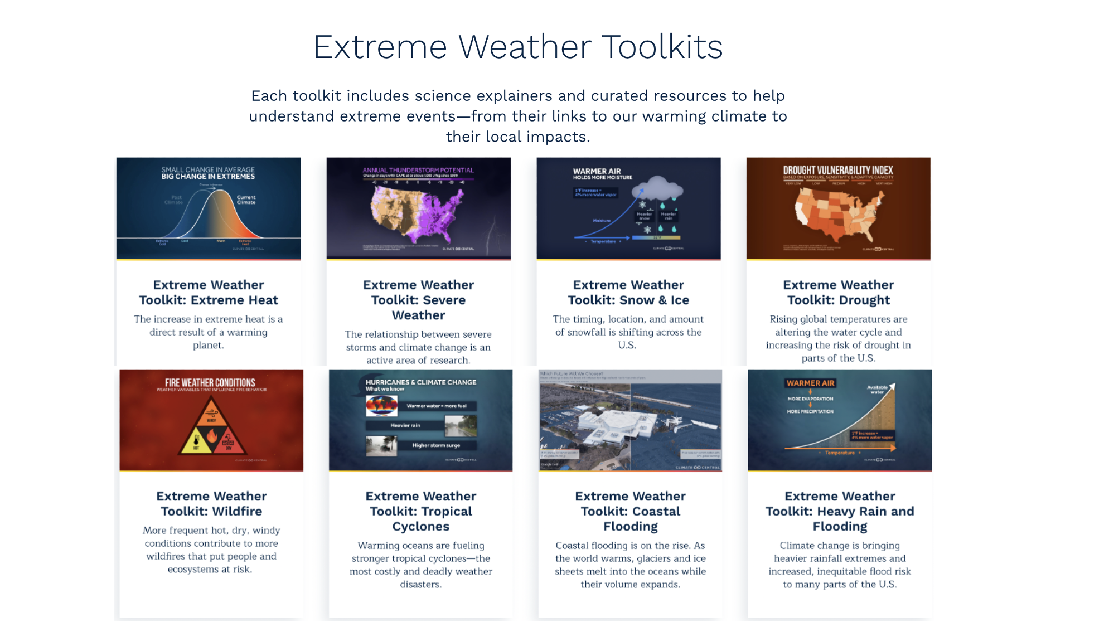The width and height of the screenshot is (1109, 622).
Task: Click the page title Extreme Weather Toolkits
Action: [x=518, y=46]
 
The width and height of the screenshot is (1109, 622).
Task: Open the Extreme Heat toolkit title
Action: [x=208, y=293]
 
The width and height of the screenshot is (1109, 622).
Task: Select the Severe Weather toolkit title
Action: [x=418, y=300]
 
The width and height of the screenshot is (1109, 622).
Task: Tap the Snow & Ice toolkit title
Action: [x=628, y=293]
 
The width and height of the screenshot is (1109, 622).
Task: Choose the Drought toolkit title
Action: [x=838, y=293]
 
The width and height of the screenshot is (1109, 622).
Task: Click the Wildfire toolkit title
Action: [x=211, y=504]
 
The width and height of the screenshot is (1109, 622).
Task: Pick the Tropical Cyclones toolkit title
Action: [x=421, y=511]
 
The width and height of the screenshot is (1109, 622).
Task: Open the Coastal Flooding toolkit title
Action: [x=630, y=511]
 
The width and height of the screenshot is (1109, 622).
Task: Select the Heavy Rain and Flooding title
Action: [x=840, y=511]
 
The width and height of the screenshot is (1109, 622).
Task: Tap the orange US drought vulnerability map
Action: [x=838, y=215]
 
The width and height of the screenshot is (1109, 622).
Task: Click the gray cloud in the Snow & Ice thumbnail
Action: [x=658, y=188]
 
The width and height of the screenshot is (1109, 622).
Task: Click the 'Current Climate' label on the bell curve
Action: [x=246, y=200]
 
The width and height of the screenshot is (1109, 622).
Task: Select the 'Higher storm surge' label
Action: [x=436, y=445]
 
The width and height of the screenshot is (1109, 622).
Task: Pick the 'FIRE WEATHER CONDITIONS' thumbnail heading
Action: [x=210, y=383]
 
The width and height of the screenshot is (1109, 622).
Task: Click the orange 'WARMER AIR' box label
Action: [x=810, y=383]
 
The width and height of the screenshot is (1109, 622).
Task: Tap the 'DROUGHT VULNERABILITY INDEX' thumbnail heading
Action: [x=838, y=171]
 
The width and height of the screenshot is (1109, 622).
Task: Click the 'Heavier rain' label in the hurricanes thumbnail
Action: [x=405, y=425]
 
